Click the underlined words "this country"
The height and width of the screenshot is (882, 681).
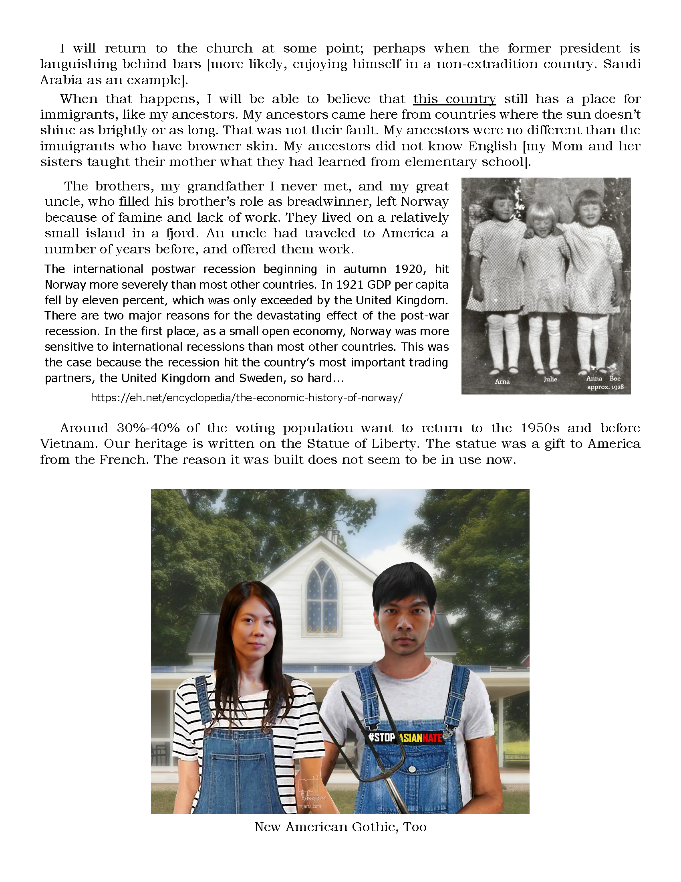[x=454, y=99]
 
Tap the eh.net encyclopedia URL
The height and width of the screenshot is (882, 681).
[x=246, y=398]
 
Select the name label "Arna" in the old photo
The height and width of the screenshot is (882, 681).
[x=502, y=381]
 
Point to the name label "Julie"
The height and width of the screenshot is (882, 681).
[x=550, y=379]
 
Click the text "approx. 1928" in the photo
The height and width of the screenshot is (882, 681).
[x=605, y=387]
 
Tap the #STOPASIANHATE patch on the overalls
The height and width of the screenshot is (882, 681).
[x=406, y=738]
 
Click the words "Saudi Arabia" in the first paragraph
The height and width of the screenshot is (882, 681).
[x=621, y=65]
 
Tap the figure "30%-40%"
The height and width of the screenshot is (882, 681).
[x=148, y=428]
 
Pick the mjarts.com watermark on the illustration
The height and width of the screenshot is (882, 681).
[x=309, y=807]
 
